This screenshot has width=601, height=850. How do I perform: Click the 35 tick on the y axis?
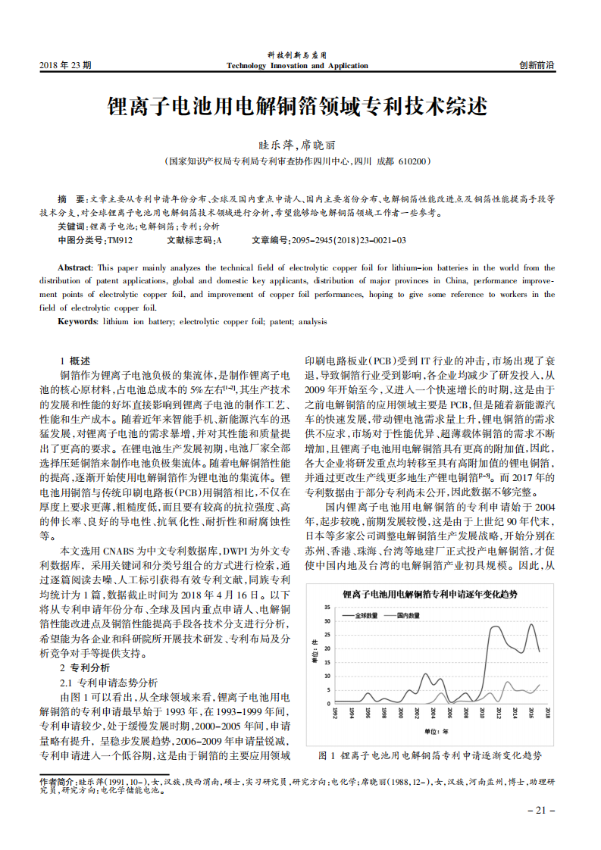coord(327,608)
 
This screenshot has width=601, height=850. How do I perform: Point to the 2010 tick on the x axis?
coord(482,713)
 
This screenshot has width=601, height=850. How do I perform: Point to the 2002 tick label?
coord(417,713)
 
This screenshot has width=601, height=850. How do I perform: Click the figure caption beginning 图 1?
coord(430,755)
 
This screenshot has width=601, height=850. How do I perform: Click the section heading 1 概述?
coord(75,360)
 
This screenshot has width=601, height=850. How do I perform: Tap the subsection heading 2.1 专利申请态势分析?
coord(108,682)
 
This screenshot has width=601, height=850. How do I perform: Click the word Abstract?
coord(75,267)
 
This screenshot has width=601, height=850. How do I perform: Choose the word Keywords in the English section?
coord(77,321)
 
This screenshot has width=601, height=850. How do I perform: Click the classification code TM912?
coord(120,240)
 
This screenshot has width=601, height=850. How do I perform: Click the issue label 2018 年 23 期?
coord(65,65)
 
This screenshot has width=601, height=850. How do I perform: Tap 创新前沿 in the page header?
coord(537,65)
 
